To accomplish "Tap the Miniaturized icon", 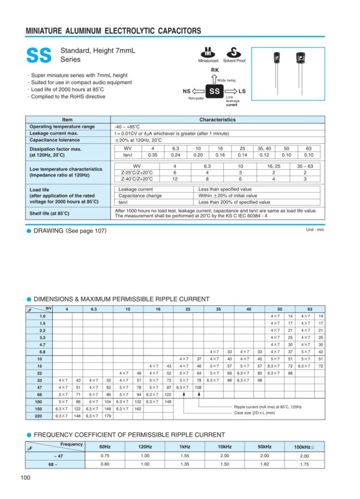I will pos(208,52).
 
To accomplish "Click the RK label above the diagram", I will pos(215,71).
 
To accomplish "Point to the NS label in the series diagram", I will pos(187,91).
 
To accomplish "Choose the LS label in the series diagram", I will pos(242,91).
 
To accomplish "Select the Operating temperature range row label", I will pos(62,127).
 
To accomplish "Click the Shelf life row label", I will pos(49,213).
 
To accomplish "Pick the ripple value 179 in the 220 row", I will pos(108,416).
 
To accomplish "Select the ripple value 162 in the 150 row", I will pos(137,408).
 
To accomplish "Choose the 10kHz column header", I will pos(224,447).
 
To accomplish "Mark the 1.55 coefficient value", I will pos(185,456).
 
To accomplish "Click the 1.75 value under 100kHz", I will pos(304,464).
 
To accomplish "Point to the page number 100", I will pos(26,477).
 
